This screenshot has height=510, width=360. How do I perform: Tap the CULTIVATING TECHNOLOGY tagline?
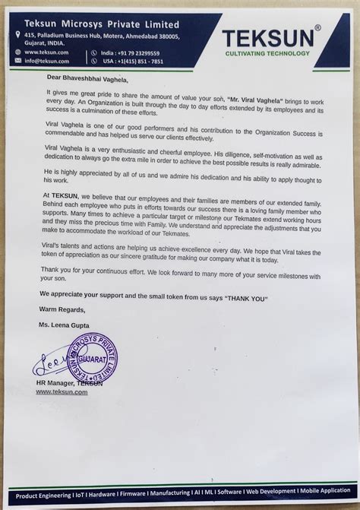[267, 53]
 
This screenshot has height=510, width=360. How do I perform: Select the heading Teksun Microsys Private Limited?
[95, 24]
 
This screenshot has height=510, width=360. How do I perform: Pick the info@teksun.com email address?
[47, 61]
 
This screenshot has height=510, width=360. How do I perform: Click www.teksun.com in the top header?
[48, 52]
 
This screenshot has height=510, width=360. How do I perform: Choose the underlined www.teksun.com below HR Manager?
[61, 391]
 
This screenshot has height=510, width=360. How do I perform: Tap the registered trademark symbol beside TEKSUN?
[318, 28]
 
